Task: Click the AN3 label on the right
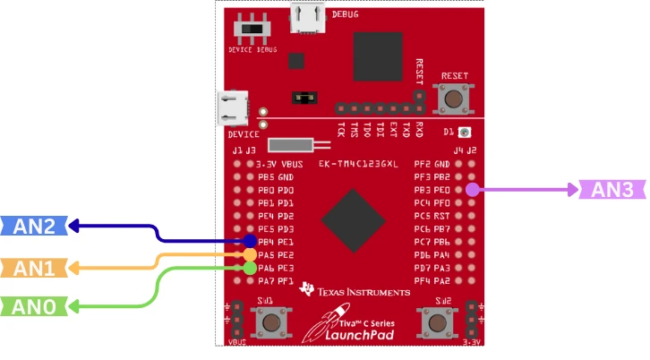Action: click(612, 190)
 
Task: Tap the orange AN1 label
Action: click(33, 267)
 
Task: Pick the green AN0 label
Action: click(33, 307)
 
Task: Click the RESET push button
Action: click(454, 97)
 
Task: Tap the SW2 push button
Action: click(435, 321)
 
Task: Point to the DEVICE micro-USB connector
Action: click(235, 108)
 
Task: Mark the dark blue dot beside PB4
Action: click(250, 242)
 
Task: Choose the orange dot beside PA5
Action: click(250, 254)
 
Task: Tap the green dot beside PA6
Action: click(250, 268)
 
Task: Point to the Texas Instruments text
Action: click(363, 292)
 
